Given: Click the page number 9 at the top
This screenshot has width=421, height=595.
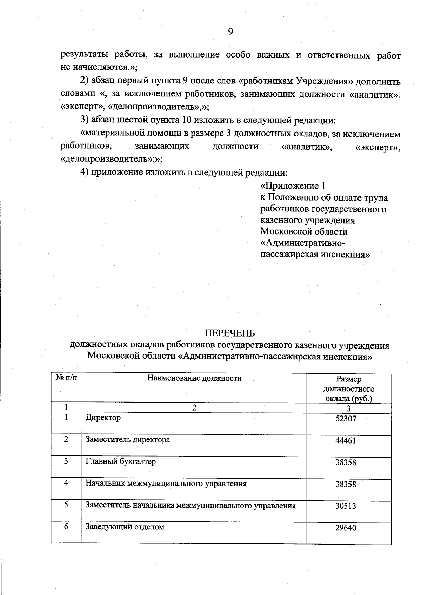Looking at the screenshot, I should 230,32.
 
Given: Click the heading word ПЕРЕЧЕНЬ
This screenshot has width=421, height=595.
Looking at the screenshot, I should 230,333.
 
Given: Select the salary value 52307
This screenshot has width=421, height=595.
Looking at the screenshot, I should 346,419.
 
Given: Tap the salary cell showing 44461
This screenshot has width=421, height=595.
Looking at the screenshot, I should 346,441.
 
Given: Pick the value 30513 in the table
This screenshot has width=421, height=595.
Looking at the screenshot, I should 346,506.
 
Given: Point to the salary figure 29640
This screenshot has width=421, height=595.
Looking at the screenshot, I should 346,528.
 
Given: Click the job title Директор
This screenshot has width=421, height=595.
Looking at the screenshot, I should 103,418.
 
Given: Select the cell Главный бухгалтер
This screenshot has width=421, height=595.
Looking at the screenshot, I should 121,461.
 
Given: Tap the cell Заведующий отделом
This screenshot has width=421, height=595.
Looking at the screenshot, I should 125,527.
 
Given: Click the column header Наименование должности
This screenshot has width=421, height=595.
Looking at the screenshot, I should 194,378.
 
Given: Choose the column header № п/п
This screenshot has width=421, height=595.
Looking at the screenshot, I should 66,378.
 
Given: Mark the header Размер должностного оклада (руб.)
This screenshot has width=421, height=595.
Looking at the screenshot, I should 349,389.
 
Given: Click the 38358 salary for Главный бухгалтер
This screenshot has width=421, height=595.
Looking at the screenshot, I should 346,462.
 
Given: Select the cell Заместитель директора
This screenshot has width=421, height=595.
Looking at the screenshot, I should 128,440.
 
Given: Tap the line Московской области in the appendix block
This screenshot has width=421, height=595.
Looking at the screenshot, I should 304,232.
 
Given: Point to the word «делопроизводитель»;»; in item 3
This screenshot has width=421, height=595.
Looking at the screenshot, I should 112,159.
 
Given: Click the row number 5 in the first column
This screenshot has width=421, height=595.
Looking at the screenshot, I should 66,505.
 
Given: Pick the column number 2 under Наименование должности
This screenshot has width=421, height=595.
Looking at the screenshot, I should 194,407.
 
